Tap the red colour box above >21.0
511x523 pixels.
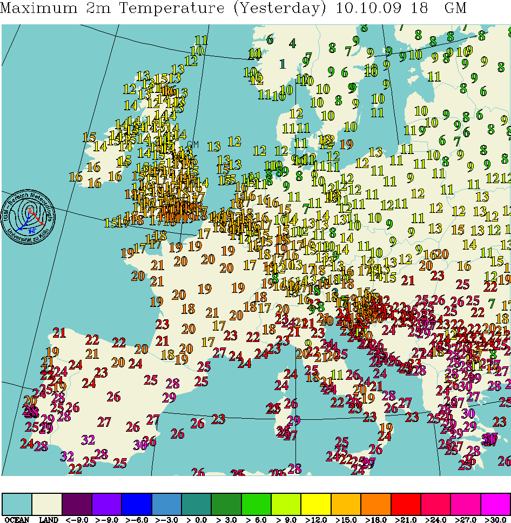coord(406,504)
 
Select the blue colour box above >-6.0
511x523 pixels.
coord(137,504)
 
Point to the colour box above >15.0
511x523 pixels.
coord(346,504)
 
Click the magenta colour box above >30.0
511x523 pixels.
coord(495,504)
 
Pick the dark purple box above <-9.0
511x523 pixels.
coord(77,504)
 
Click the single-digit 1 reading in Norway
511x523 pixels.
coord(282,64)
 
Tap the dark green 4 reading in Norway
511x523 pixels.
coord(292,43)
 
